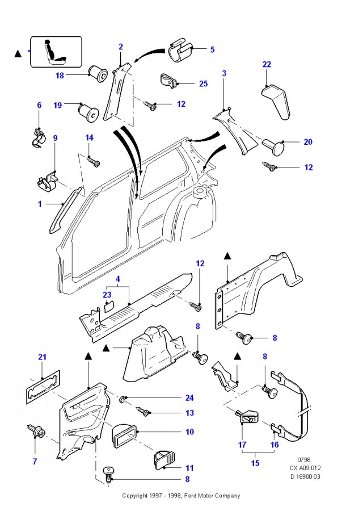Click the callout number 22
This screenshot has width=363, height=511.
267,64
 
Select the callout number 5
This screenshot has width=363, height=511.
212,49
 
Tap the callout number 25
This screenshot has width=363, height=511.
204,84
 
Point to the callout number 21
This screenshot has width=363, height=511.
43,357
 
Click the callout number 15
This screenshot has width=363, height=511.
255,463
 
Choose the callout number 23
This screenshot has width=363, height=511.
107,295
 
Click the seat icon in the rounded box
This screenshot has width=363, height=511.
56,52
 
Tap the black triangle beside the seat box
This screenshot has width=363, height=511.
18,54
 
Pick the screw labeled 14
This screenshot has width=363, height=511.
94,161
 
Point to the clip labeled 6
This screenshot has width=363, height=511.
40,138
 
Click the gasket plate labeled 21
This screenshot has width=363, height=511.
43,387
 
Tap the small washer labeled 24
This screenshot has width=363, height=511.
123,399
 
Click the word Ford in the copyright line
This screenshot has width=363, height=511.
190,496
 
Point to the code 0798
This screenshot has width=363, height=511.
304,460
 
